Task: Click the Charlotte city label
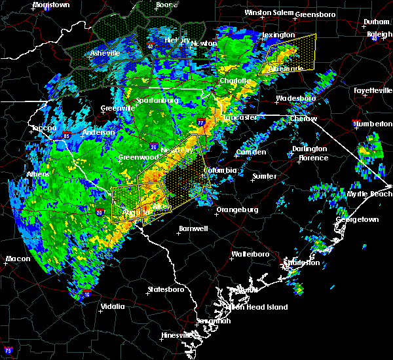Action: pyautogui.click(x=234, y=81)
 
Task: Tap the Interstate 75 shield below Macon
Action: pyautogui.click(x=8, y=350)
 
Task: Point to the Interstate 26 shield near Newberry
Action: pyautogui.click(x=152, y=145)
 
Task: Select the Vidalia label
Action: pyautogui.click(x=114, y=306)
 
